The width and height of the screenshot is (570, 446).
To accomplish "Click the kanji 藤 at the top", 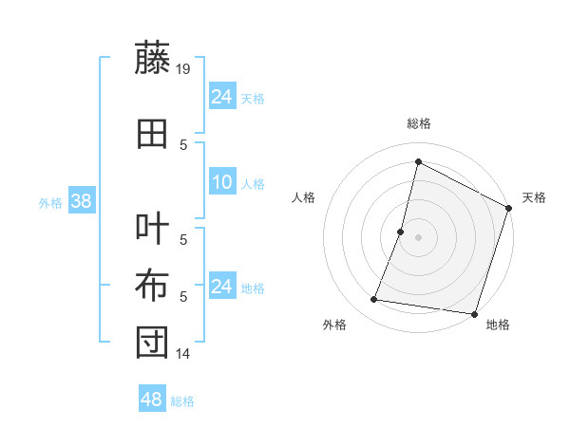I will [152, 59].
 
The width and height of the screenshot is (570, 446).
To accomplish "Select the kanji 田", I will [152, 135].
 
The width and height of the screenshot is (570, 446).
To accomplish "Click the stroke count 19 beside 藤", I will [183, 69].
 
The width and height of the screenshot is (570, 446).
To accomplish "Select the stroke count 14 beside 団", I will [183, 354].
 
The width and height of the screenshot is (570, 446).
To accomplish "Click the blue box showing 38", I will [81, 201].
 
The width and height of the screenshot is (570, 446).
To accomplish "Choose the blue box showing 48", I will [152, 400].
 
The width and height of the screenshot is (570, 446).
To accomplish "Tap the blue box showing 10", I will [222, 182].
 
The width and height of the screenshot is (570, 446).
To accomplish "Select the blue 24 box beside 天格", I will [222, 97].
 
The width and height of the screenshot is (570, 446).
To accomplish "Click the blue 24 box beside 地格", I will [222, 287].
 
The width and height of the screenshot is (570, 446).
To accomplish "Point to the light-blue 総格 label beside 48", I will [182, 401].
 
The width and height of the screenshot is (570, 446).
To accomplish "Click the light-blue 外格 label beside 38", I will [49, 202].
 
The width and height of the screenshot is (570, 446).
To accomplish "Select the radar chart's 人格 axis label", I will [304, 197].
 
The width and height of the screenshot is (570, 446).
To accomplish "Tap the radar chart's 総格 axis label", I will [418, 123].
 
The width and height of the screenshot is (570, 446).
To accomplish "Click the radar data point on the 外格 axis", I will [374, 300].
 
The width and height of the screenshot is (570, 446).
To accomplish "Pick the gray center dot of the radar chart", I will [418, 237].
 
